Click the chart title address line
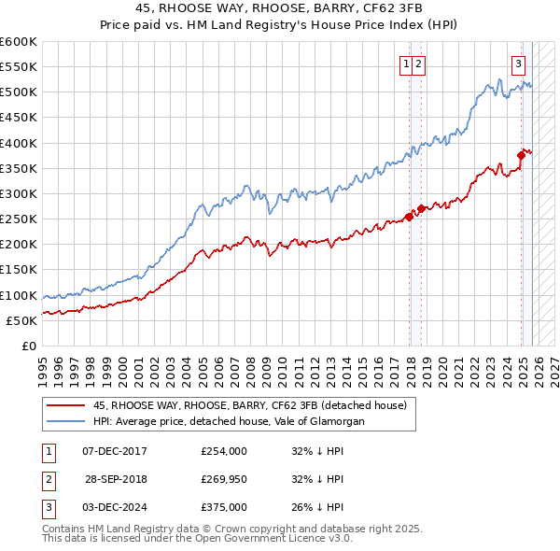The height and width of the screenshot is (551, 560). tap(279, 8)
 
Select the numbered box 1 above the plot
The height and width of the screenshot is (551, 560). tap(407, 64)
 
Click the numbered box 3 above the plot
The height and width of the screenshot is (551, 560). tap(518, 64)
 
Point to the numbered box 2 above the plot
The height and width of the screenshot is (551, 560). tap(419, 64)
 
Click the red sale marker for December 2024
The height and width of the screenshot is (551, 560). tap(522, 156)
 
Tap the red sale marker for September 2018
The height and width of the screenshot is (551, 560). tap(421, 208)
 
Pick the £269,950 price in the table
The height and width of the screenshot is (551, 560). tap(224, 479)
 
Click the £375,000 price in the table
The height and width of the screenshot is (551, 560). tap(224, 507)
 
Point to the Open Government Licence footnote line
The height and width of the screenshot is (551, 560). tap(197, 539)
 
